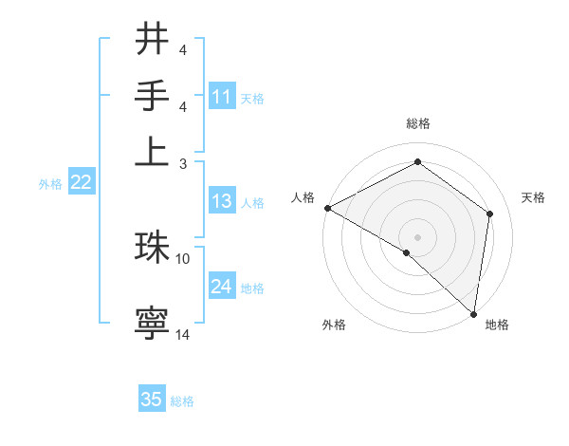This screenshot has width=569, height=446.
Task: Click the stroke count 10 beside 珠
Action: pyautogui.click(x=183, y=257)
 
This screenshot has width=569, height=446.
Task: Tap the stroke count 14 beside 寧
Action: pyautogui.click(x=183, y=334)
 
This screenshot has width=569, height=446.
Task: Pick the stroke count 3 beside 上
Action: pyautogui.click(x=183, y=163)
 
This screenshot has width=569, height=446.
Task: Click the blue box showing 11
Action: pyautogui.click(x=222, y=97)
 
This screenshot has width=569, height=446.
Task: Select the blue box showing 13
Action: pyautogui.click(x=222, y=201)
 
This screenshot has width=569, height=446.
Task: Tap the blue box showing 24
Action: pyautogui.click(x=222, y=287)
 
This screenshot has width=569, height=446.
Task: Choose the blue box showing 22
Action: pyautogui.click(x=81, y=183)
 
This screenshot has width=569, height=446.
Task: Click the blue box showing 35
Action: pyautogui.click(x=152, y=400)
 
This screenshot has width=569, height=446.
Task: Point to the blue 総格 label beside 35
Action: pyautogui.click(x=182, y=401)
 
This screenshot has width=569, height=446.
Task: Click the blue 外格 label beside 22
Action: pyautogui.click(x=50, y=184)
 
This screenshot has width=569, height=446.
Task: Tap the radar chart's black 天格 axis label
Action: pyautogui.click(x=534, y=197)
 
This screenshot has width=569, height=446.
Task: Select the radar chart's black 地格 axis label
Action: pyautogui.click(x=497, y=325)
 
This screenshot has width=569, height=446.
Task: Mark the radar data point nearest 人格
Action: pyautogui.click(x=327, y=208)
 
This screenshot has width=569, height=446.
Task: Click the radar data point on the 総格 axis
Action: pyautogui.click(x=417, y=163)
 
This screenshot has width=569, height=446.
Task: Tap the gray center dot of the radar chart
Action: pyautogui.click(x=417, y=236)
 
